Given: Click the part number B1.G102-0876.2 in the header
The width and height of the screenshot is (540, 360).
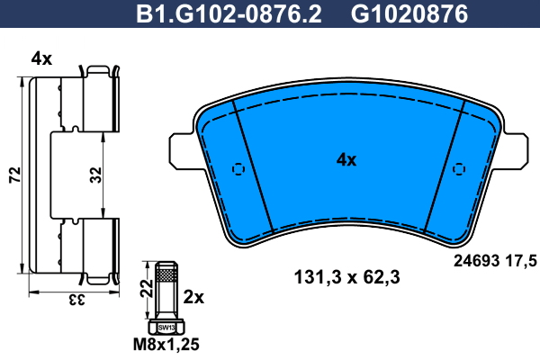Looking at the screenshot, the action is point(229,14).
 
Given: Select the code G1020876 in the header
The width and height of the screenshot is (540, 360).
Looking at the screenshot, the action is point(409,14).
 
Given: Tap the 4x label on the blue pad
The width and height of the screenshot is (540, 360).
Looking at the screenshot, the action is point(346,160).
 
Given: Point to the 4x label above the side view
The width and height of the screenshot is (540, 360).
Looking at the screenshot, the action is point(41,58).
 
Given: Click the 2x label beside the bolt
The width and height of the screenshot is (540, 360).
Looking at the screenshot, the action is point(193,297).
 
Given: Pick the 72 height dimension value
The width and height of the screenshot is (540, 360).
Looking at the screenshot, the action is point(15,175).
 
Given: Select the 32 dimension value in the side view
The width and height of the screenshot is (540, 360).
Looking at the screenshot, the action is point(95,175).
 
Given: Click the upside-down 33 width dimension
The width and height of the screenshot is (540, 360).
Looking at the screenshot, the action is point(76,300).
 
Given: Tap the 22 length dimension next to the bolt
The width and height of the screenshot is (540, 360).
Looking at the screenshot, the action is point(147,288).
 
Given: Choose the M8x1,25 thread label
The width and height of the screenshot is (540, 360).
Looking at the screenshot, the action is point(166,345).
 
